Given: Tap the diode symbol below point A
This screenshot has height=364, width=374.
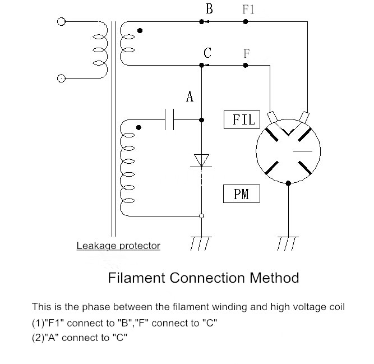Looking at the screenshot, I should (201, 160).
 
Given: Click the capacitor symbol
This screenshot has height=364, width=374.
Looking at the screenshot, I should (170, 119).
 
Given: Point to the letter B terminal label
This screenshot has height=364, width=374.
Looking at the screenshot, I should (209, 8).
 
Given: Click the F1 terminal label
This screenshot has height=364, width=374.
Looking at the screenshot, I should (248, 10).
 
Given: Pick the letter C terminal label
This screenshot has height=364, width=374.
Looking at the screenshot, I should (207, 53).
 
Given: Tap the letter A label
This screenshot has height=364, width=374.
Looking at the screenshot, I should (190, 97).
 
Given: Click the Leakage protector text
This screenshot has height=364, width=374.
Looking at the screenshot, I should (118, 246).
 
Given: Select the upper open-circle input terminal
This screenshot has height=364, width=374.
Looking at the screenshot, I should (61, 22).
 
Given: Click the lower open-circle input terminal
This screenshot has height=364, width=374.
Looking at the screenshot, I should (61, 78).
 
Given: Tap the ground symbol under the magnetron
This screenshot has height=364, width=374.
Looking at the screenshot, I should (287, 243).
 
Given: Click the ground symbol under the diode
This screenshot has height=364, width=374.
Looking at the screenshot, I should (201, 243).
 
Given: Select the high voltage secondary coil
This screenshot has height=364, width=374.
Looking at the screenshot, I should (128, 168).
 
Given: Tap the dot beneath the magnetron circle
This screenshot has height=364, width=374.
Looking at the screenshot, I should (288, 183).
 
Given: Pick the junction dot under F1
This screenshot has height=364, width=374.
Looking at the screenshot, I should (245, 22).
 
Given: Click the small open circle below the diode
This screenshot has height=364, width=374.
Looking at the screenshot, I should (201, 216).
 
